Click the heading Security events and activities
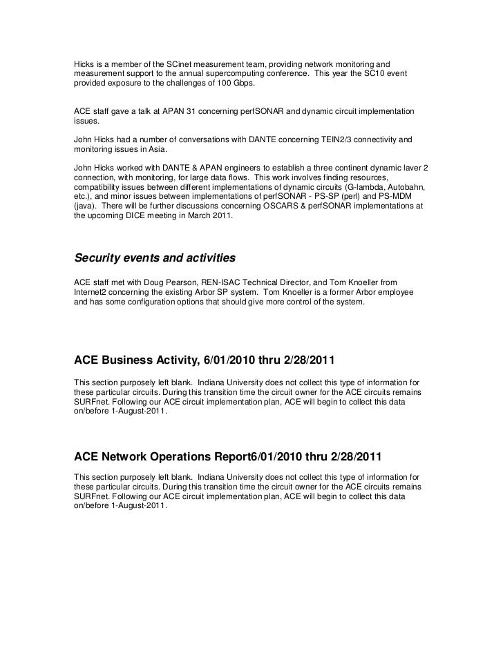click(x=155, y=258)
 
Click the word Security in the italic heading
click(x=100, y=258)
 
